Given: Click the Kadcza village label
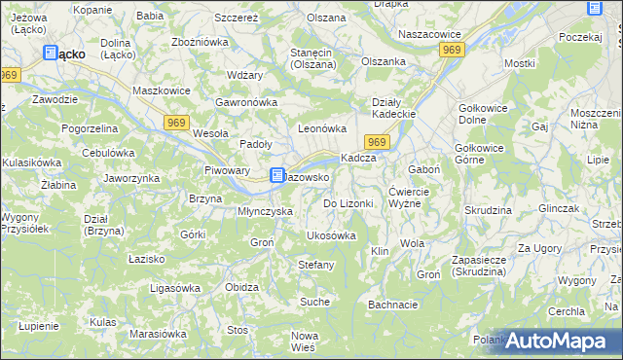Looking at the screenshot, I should [357, 159].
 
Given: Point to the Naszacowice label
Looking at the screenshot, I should [429, 33].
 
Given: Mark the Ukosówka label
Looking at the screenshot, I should [331, 235].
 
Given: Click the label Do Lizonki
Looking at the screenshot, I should [348, 203].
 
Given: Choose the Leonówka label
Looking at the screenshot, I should [322, 127].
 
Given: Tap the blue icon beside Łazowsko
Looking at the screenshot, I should [276, 176].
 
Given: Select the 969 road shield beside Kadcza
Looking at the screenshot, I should [380, 142].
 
